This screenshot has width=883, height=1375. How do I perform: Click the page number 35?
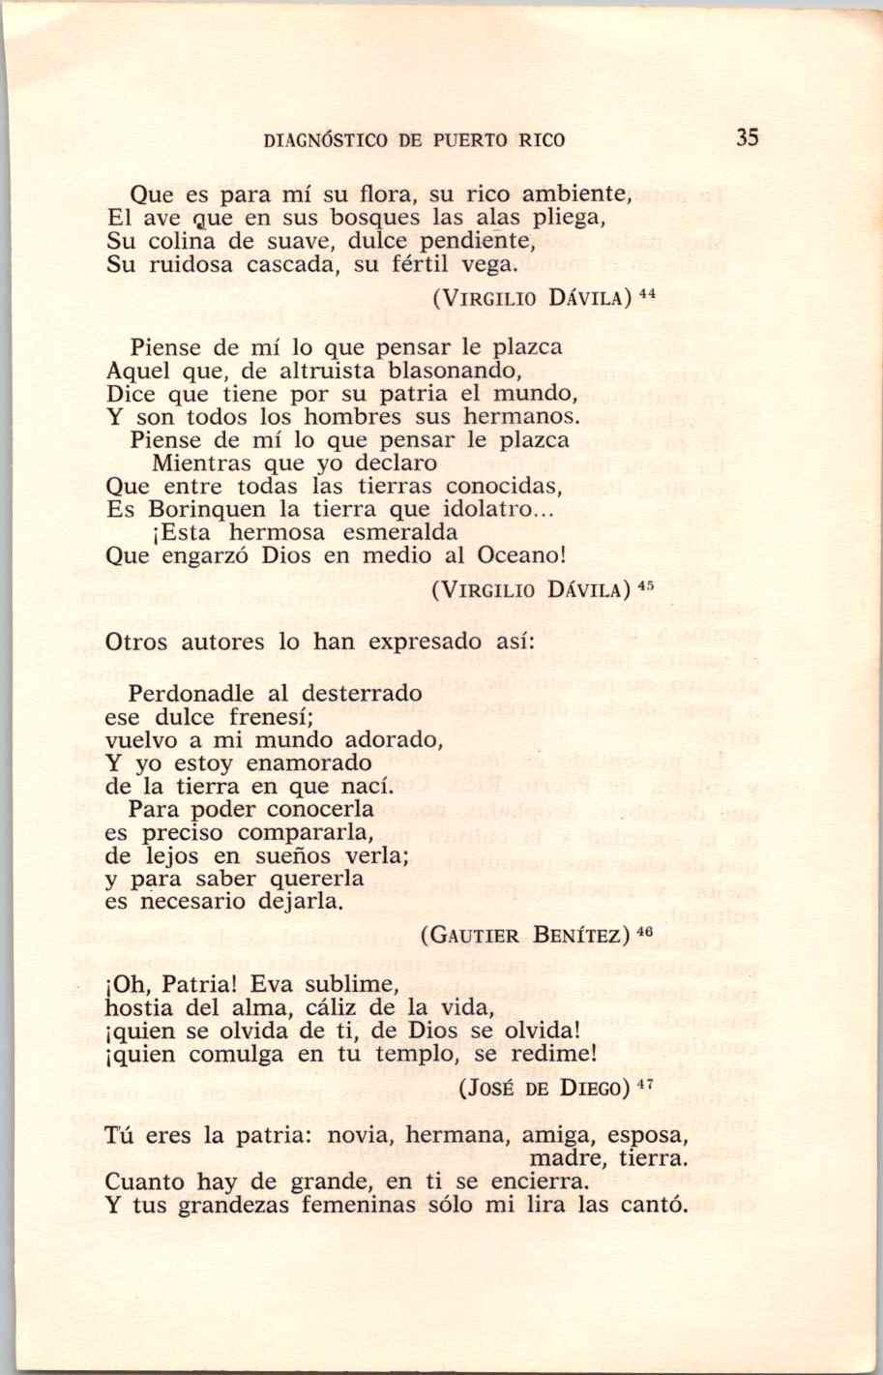747,137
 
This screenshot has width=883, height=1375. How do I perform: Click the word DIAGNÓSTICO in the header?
324,139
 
